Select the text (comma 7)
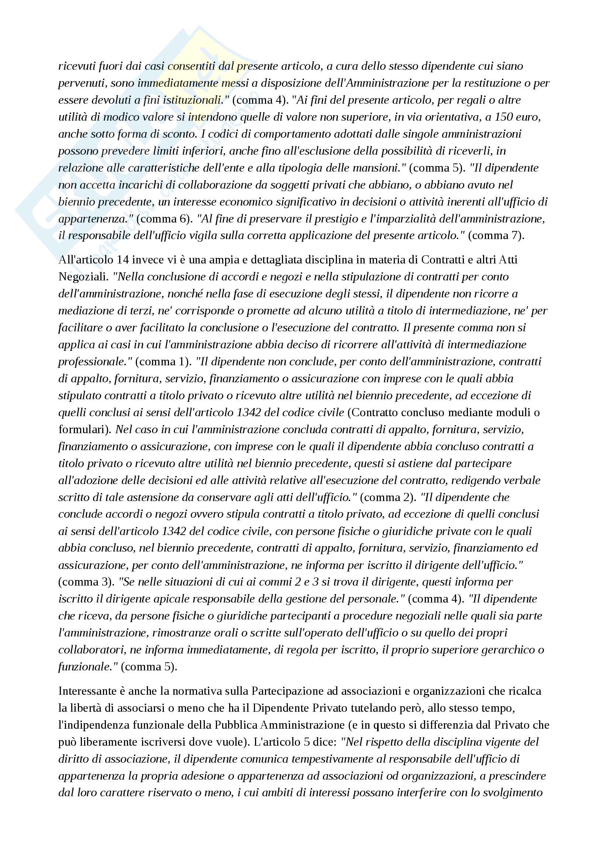[496, 236]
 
